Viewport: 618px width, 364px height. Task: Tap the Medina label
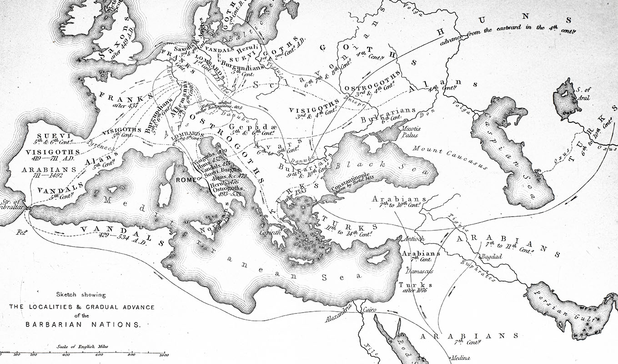coord(460,358)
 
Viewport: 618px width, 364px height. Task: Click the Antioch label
coord(414,239)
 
